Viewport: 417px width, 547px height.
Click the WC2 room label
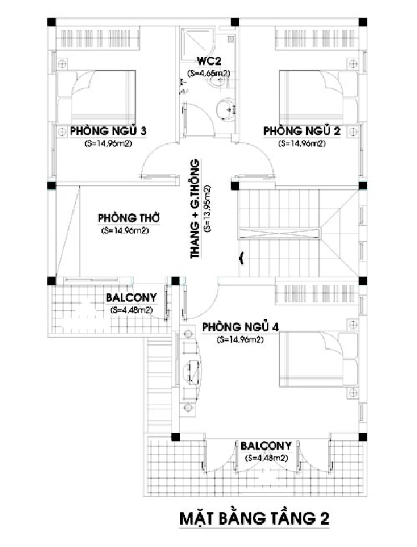[209, 61]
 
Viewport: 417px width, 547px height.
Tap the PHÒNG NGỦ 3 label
[108, 131]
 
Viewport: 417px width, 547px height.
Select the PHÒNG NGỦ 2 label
[302, 131]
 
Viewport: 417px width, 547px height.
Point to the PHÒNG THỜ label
[129, 218]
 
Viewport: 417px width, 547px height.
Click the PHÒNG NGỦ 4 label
[240, 327]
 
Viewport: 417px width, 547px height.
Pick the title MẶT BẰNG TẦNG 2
[254, 518]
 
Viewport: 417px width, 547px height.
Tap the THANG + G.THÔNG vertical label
[195, 209]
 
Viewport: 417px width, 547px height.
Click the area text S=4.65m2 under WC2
[208, 74]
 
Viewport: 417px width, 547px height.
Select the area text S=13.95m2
[208, 209]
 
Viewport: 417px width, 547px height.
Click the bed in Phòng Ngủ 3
[97, 97]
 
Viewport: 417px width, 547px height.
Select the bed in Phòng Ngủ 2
[318, 97]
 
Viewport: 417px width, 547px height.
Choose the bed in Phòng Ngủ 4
[318, 359]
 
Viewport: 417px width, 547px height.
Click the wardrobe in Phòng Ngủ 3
[98, 38]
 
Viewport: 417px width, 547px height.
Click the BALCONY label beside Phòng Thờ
[131, 298]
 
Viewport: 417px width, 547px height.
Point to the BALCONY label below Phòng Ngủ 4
[266, 446]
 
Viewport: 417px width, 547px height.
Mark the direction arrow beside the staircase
[240, 259]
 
